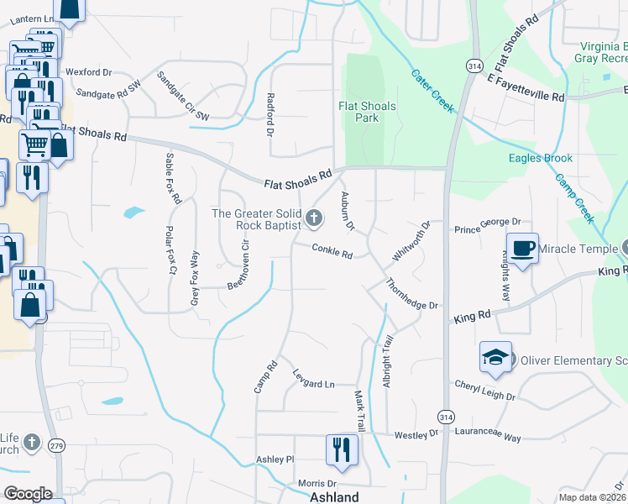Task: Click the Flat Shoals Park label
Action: tap(367, 112)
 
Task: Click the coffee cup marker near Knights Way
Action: tap(522, 249)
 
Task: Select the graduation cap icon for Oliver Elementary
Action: tap(495, 359)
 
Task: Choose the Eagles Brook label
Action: tap(541, 158)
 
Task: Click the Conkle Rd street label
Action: tap(332, 249)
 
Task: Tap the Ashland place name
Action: tap(334, 496)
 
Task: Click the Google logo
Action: tap(28, 494)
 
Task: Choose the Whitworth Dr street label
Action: tap(411, 240)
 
